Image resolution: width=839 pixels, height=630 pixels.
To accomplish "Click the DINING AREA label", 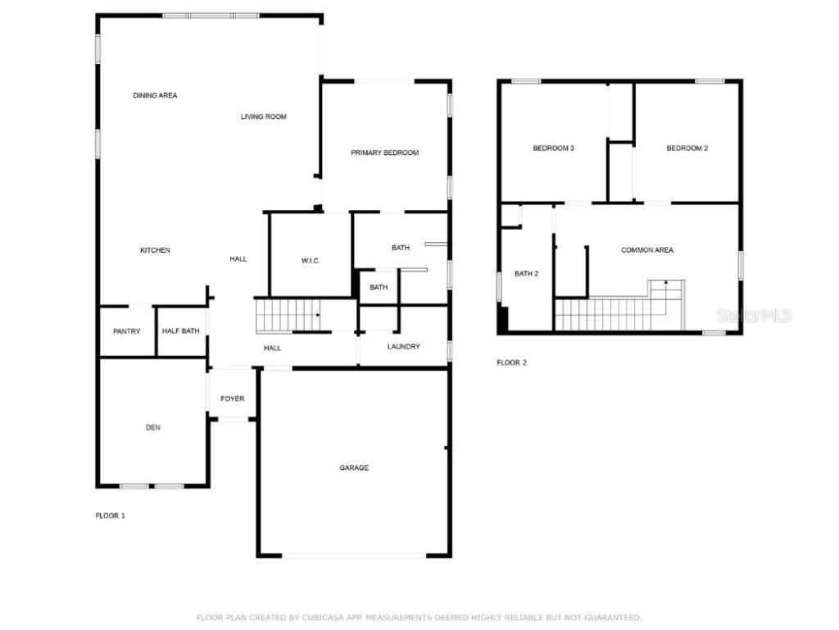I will click(155, 96).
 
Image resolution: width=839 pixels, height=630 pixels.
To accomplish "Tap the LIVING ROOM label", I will click(264, 117).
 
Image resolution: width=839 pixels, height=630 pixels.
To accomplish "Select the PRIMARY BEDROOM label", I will click(384, 153).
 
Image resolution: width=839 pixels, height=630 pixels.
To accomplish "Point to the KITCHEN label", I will click(155, 250).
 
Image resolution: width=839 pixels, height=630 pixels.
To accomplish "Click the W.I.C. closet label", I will click(311, 261).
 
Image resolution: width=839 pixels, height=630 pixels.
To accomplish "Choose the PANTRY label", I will click(127, 331).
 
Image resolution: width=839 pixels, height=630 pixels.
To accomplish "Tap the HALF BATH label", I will click(181, 331).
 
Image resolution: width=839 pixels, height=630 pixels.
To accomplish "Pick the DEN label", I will click(152, 427).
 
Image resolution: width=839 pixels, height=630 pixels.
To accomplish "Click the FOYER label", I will click(232, 399).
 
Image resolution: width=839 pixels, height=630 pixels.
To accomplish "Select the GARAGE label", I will click(354, 468).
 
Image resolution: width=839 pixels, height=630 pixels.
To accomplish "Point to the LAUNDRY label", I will click(404, 347).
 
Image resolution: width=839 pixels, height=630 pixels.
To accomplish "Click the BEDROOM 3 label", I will click(553, 148).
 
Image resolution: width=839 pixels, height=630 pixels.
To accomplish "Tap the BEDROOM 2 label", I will click(687, 148).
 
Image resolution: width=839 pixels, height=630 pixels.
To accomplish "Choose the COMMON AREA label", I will click(647, 250).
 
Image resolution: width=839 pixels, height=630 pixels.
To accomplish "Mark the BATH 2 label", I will click(526, 274).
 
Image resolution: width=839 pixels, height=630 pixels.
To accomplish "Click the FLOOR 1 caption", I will click(111, 516).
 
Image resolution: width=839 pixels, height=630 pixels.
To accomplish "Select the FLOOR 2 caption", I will click(512, 363).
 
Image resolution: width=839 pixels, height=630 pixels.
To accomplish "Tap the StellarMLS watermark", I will click(754, 315).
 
